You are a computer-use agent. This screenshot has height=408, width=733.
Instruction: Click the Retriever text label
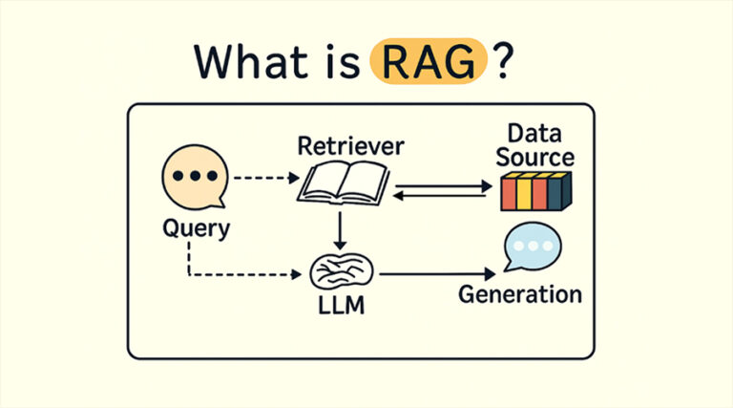[x=350, y=146]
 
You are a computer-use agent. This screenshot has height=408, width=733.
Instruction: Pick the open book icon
[x=343, y=183]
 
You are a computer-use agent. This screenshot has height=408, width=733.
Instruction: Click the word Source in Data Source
[x=535, y=158]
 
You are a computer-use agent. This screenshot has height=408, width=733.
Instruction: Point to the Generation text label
[x=519, y=293]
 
